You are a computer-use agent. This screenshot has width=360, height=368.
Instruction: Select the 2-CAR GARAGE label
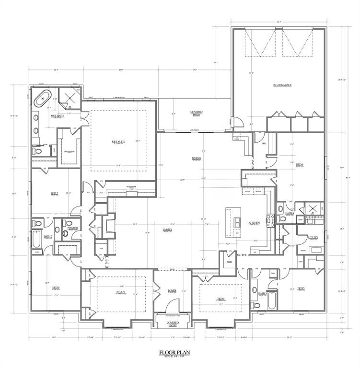(282, 85)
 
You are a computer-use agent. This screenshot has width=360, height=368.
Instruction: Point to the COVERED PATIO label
(196, 113)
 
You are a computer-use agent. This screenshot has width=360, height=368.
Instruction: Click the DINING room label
(196, 158)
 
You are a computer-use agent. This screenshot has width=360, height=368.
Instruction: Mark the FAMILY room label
(167, 230)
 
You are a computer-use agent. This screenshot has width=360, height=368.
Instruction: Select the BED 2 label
(54, 194)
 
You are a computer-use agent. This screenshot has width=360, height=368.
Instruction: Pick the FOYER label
(172, 290)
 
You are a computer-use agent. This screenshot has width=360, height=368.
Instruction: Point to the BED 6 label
(300, 164)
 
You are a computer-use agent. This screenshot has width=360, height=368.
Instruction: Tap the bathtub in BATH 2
(37, 238)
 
